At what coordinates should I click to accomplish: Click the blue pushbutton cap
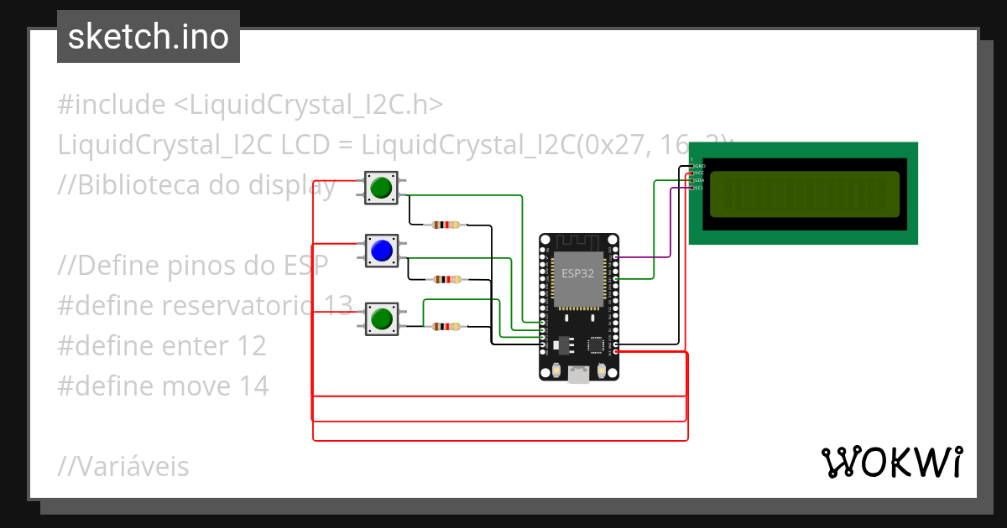coord(381,251)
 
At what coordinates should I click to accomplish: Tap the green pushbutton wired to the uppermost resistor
coord(381,187)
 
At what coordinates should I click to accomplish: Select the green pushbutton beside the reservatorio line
coord(381,318)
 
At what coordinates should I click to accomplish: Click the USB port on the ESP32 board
coord(578,375)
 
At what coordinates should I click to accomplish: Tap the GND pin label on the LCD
coord(699,166)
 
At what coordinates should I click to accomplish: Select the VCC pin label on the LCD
coord(699,173)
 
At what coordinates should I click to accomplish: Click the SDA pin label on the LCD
coord(699,180)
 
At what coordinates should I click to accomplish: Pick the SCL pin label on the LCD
coord(699,188)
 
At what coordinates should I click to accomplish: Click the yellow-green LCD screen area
coord(804,194)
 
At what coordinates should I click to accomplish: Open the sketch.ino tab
coord(149,37)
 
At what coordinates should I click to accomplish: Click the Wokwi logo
coord(891,462)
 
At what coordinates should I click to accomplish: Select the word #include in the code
coord(112,105)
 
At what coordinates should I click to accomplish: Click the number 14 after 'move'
coord(252,386)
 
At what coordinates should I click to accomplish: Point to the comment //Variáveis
coord(123,466)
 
